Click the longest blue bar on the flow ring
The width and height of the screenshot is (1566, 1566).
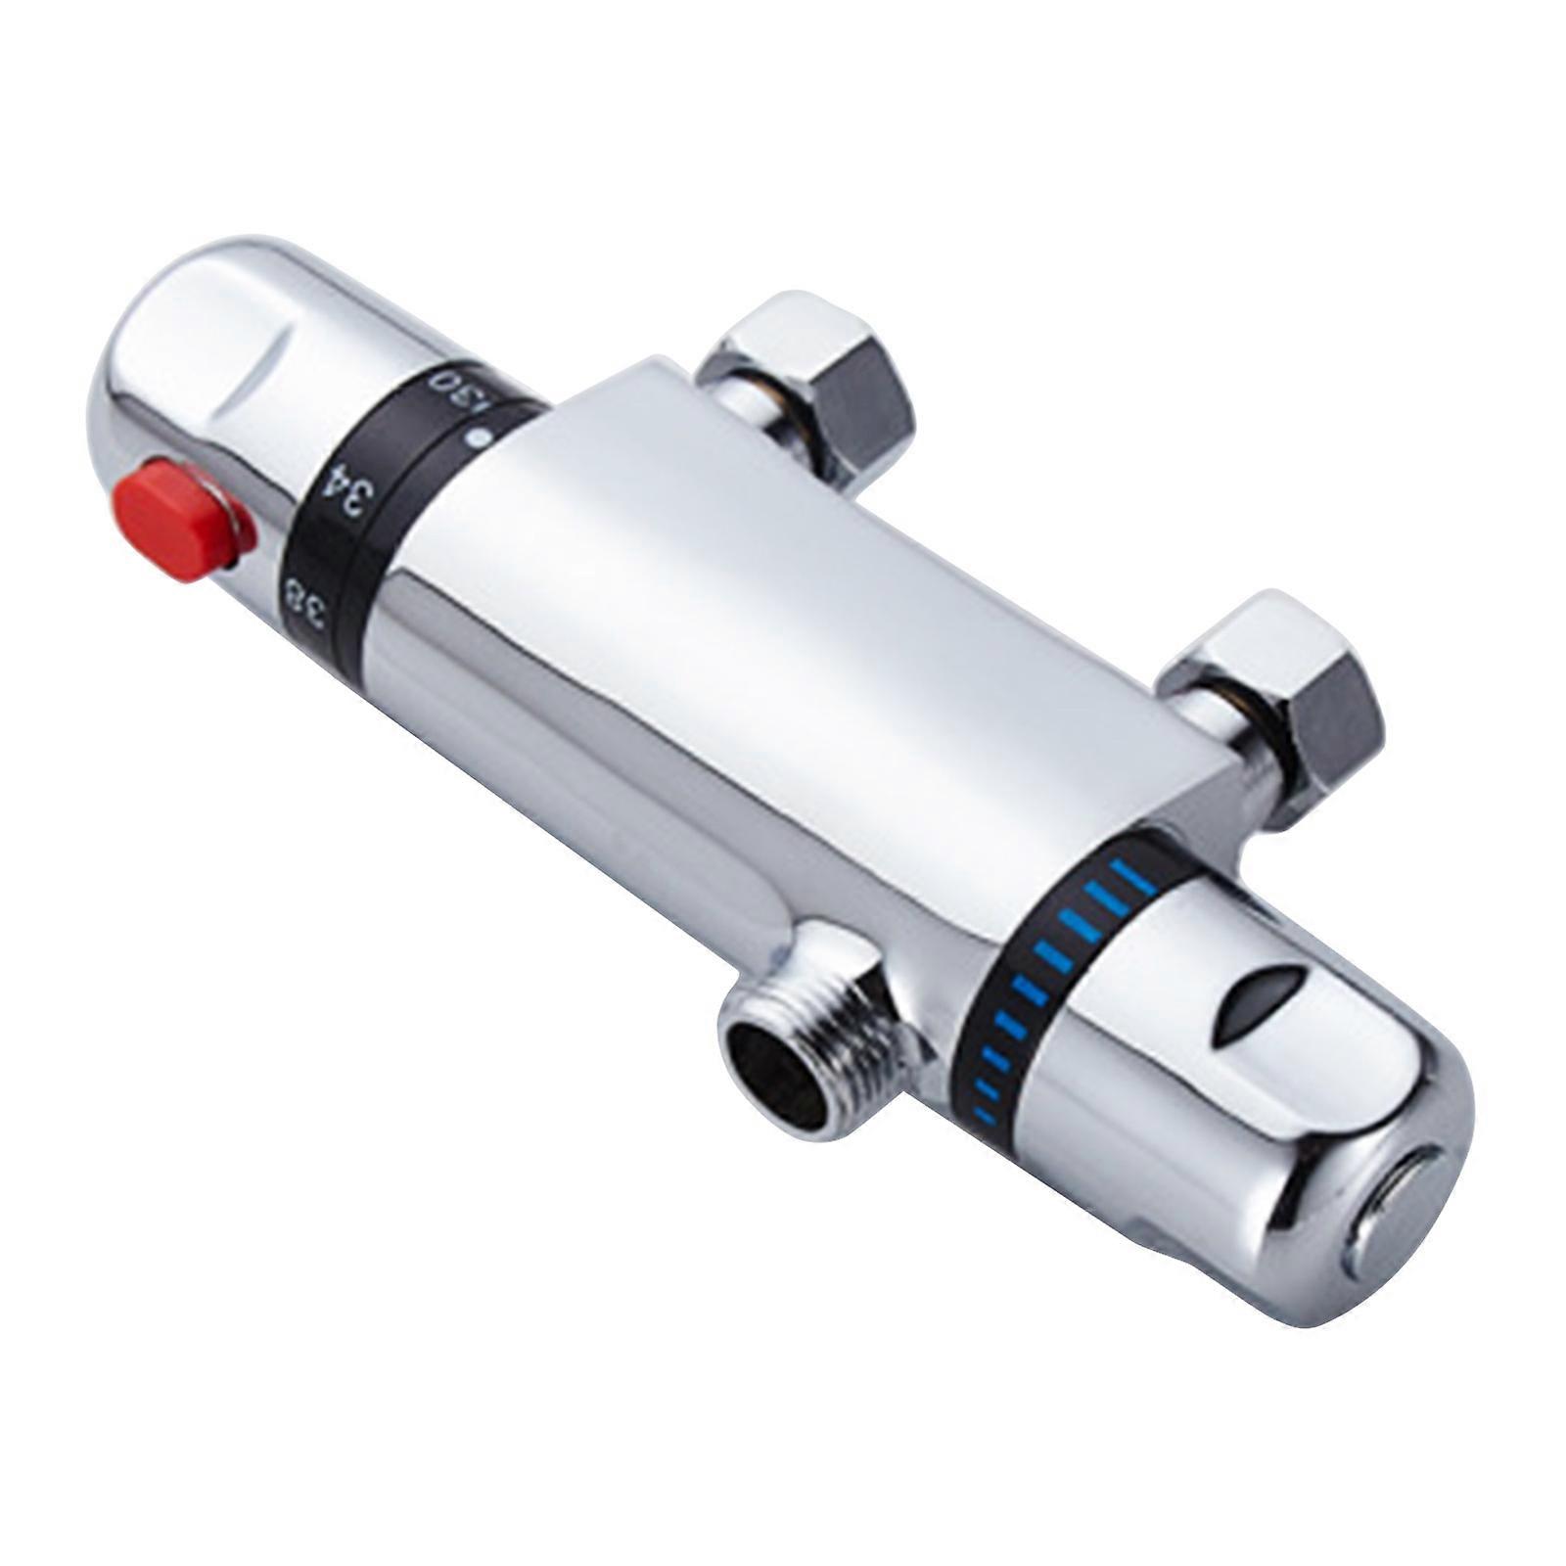1138,879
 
